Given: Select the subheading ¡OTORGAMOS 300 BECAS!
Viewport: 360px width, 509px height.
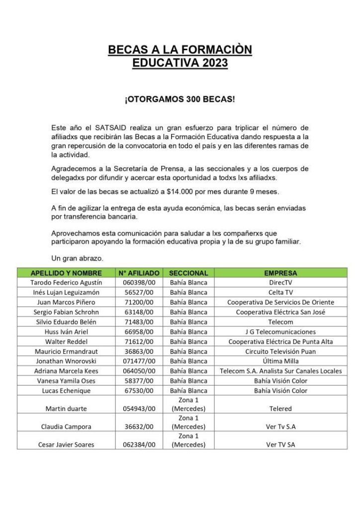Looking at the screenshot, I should [180, 99].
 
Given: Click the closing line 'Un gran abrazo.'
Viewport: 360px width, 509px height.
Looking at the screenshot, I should [78, 258].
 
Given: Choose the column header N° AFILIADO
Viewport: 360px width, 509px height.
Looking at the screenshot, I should [139, 273].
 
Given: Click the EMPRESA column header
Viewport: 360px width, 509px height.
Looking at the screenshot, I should [280, 273].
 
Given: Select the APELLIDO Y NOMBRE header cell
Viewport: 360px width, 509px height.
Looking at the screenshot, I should [66, 273].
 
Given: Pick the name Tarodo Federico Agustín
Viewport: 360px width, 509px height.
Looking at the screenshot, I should [66, 282].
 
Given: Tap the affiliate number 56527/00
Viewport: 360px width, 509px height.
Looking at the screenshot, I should [139, 292].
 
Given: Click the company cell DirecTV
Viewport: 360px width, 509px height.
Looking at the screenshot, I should [280, 282].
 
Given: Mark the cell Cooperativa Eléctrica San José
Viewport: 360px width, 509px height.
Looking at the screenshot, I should [280, 312].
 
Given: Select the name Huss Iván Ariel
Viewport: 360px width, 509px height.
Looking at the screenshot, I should [66, 332].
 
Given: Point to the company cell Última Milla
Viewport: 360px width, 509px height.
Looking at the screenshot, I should [280, 361].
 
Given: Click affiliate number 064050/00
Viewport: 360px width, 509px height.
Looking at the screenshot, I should [139, 371].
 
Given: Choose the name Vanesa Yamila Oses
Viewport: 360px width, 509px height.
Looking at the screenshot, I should [66, 381].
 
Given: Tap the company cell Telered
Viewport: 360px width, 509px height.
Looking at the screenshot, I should [280, 408].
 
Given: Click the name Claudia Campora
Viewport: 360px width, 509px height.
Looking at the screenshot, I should [66, 426].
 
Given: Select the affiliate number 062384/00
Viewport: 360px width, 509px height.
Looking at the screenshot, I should [139, 444].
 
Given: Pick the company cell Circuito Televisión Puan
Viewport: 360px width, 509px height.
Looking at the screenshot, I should [280, 351].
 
